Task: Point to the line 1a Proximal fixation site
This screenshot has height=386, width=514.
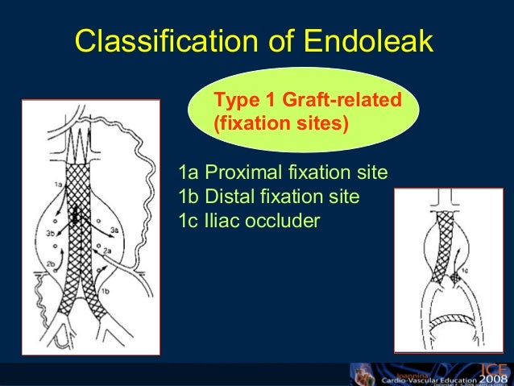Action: pyautogui.click(x=283, y=172)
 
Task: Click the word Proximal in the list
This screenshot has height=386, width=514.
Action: pyautogui.click(x=242, y=172)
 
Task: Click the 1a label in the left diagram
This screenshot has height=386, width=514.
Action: pyautogui.click(x=58, y=185)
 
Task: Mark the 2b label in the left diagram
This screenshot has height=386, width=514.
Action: pyautogui.click(x=50, y=264)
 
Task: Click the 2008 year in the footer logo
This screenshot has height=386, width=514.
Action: pyautogui.click(x=491, y=379)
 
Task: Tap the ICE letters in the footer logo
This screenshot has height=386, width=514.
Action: pyautogui.click(x=489, y=367)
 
